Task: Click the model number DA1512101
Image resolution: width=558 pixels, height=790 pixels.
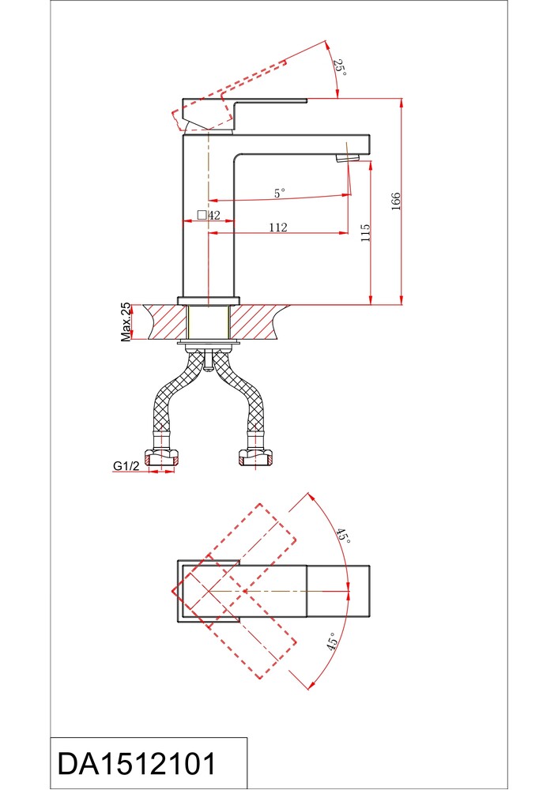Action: coord(136,763)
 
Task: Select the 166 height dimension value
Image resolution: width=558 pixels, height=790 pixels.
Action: coord(396,201)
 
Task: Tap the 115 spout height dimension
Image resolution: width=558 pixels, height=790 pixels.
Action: coord(365,233)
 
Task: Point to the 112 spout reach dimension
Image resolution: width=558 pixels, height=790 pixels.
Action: coord(277,228)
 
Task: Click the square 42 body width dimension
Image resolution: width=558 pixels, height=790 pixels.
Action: coord(209,215)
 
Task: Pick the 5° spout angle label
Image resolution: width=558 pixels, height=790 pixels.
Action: coord(279,193)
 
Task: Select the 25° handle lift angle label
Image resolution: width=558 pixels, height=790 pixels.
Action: coord(340,67)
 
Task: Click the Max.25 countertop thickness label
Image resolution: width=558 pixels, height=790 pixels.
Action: coord(126,322)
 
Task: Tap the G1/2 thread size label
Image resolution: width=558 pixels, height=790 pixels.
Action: coord(126,466)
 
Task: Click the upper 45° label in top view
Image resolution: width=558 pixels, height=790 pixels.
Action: coord(343,536)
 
